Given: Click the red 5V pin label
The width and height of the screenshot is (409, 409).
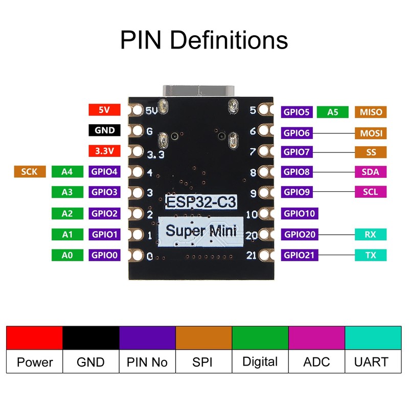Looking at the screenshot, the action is [104, 109].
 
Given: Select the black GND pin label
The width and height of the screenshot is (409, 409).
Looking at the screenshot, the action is [104, 130].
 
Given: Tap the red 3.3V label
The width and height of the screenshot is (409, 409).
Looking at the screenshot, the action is [104, 151].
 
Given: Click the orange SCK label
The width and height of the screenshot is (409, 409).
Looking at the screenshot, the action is [30, 172].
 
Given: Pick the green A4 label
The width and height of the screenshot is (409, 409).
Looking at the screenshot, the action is [67, 172].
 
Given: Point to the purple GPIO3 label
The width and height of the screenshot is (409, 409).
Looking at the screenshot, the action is [104, 192].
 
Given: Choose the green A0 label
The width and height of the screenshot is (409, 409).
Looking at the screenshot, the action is [67, 255].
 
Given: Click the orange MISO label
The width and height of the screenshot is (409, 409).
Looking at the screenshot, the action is [371, 112].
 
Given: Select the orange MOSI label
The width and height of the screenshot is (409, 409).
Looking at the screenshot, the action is [371, 133].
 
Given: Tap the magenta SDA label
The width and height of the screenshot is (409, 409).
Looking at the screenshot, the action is [371, 172].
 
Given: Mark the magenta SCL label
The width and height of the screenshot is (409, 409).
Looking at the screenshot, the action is [371, 192].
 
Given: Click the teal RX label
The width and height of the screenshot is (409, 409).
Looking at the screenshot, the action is [371, 234].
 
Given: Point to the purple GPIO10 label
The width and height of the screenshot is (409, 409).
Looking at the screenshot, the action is [300, 213].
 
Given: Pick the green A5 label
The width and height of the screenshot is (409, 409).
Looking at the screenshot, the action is [333, 112].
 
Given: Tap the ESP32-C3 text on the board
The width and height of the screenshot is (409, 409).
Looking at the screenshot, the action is [201, 202].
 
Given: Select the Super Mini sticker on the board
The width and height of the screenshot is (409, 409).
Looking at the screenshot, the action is [201, 232].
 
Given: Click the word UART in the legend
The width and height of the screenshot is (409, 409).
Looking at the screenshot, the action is [371, 362].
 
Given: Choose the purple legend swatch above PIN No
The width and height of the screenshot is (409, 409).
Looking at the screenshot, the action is [147, 338].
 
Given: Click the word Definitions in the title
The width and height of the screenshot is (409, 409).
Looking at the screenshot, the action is [229, 40].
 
